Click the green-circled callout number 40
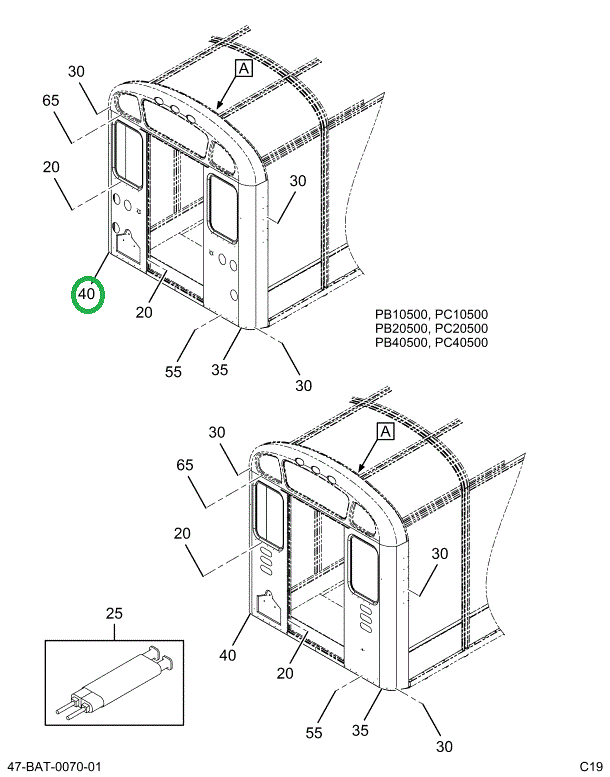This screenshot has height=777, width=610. (x=87, y=294)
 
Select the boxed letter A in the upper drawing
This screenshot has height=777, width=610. (x=244, y=68)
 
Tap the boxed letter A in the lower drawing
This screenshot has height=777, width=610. (x=386, y=432)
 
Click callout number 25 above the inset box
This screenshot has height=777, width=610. (x=114, y=613)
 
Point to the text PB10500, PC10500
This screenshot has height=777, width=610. (x=431, y=314)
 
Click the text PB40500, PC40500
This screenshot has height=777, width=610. (x=431, y=342)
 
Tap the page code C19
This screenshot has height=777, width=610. (x=592, y=766)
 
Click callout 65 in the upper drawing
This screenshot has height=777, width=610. (x=51, y=101)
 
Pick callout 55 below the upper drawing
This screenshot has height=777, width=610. (x=173, y=372)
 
